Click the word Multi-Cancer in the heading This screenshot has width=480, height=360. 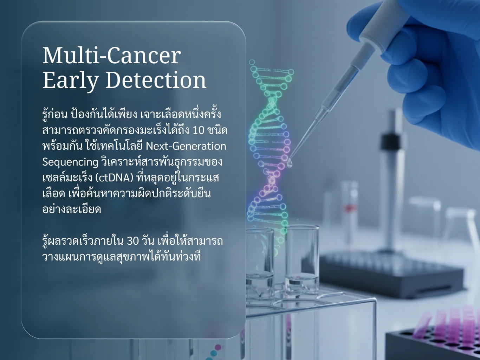[112, 56]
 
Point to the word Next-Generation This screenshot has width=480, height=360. [186, 146]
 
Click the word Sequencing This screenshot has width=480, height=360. [70, 162]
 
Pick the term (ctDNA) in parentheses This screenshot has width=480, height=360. [114, 178]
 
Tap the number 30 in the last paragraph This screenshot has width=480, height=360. [133, 241]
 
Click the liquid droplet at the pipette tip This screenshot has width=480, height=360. [290, 163]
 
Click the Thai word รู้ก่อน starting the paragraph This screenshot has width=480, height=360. [55, 114]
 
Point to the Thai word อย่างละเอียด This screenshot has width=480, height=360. [72, 209]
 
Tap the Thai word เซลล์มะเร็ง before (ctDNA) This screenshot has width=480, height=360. [67, 178]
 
